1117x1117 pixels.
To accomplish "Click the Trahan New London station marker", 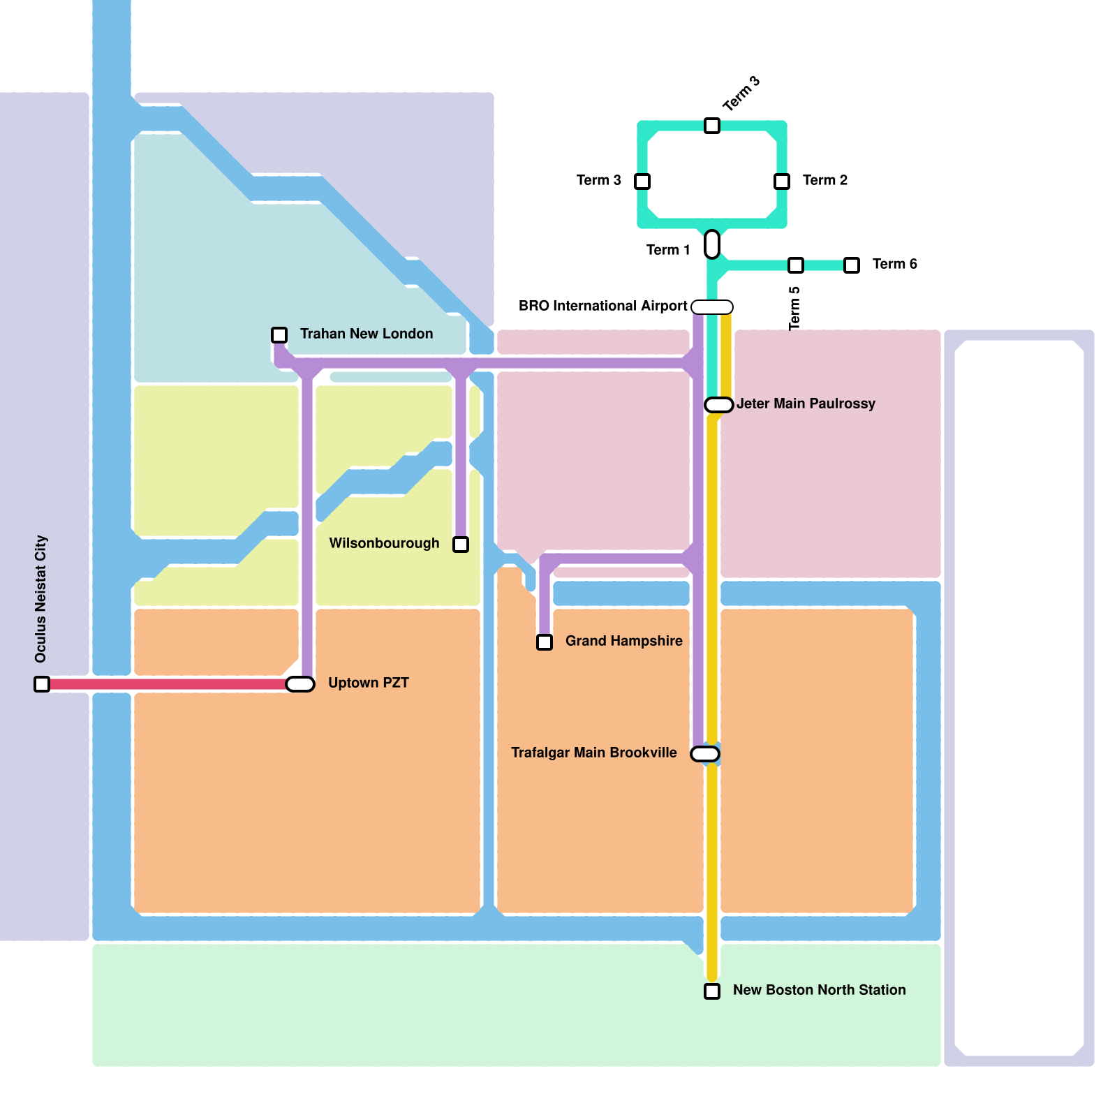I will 279,335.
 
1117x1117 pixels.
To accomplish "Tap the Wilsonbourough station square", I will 461,545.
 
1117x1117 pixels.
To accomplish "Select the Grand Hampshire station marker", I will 545,642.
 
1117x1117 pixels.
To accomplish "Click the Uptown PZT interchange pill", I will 300,684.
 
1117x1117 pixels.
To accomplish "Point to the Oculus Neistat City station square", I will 42,684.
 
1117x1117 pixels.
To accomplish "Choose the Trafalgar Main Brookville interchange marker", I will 705,754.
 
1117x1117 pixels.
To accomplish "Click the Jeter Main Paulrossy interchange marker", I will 719,405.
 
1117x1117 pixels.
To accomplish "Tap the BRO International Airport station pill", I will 712,307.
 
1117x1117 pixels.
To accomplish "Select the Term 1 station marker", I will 712,244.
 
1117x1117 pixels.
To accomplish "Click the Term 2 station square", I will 782,182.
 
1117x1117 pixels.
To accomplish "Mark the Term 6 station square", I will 852,265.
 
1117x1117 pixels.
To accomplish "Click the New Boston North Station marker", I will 712,991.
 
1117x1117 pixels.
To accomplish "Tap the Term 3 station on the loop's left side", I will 642,182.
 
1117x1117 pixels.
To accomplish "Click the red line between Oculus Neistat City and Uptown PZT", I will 168,684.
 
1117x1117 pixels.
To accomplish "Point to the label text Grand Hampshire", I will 623,641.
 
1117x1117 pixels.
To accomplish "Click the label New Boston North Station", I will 819,990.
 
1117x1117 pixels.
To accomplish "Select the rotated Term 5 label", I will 794,308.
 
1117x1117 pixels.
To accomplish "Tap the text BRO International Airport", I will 602,306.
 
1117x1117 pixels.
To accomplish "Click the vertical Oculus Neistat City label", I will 40,599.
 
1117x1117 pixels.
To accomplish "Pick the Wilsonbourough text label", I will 384,543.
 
